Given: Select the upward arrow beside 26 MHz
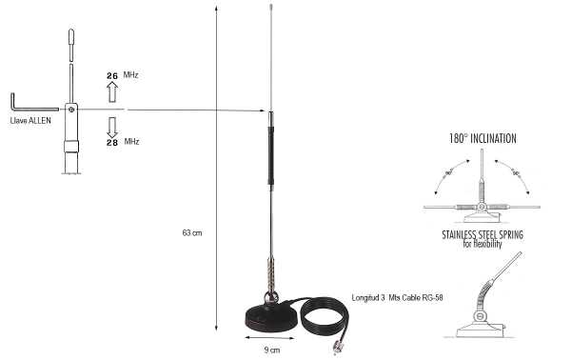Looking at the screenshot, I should [111, 91].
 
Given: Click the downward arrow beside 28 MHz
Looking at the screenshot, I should [111, 127].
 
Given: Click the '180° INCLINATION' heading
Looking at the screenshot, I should [482, 139].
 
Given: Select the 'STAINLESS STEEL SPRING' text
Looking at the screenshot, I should [482, 233].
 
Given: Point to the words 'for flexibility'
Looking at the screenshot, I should [482, 245].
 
